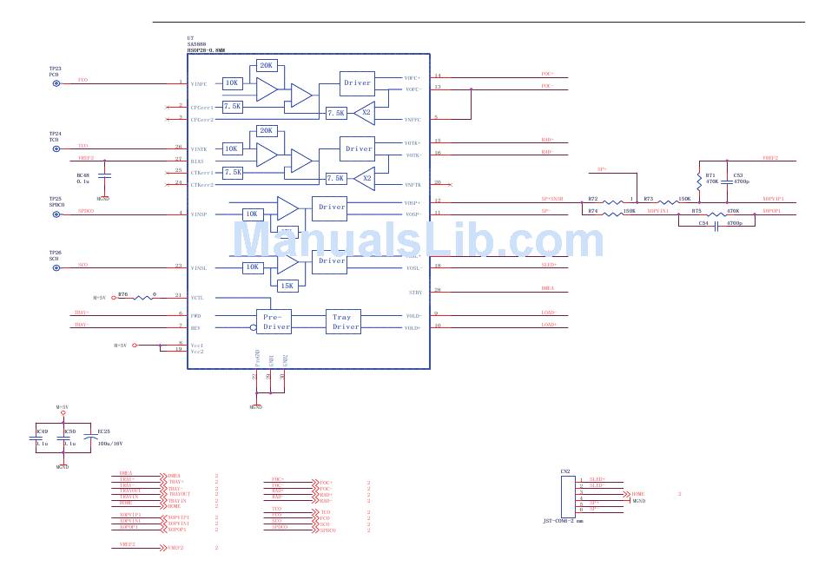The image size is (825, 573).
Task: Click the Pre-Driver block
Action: point(277,321)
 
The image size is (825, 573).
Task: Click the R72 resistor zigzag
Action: point(614,203)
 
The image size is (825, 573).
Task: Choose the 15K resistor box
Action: point(287,284)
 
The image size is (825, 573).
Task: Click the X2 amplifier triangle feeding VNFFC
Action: point(366,113)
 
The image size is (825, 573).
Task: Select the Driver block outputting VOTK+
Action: point(358,148)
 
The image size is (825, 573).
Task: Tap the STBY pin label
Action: point(415,293)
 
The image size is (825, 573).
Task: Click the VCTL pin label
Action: point(199,297)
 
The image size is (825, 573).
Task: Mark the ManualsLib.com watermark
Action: point(419,238)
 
